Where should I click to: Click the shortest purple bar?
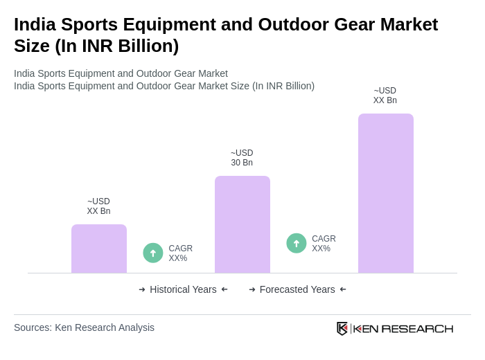click(x=99, y=249)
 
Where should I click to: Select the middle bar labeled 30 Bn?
click(x=242, y=224)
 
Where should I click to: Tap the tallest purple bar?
click(x=385, y=193)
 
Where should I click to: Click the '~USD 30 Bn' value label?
click(x=242, y=158)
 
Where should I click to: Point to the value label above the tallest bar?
click(x=385, y=96)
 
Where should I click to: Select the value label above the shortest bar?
click(x=99, y=206)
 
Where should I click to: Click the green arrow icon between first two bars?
click(x=153, y=253)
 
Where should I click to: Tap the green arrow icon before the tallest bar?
click(x=297, y=243)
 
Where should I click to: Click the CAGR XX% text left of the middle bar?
click(x=180, y=253)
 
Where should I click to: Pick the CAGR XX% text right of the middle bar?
click(x=324, y=244)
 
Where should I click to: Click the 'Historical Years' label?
click(x=183, y=289)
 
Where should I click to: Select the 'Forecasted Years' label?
click(x=297, y=289)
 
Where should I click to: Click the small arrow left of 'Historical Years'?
click(x=142, y=289)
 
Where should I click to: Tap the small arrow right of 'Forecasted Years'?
click(x=343, y=289)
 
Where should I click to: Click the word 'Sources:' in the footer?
click(x=33, y=327)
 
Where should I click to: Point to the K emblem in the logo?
click(x=342, y=328)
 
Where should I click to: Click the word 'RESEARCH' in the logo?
click(x=417, y=329)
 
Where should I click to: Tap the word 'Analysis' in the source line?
click(x=134, y=327)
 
